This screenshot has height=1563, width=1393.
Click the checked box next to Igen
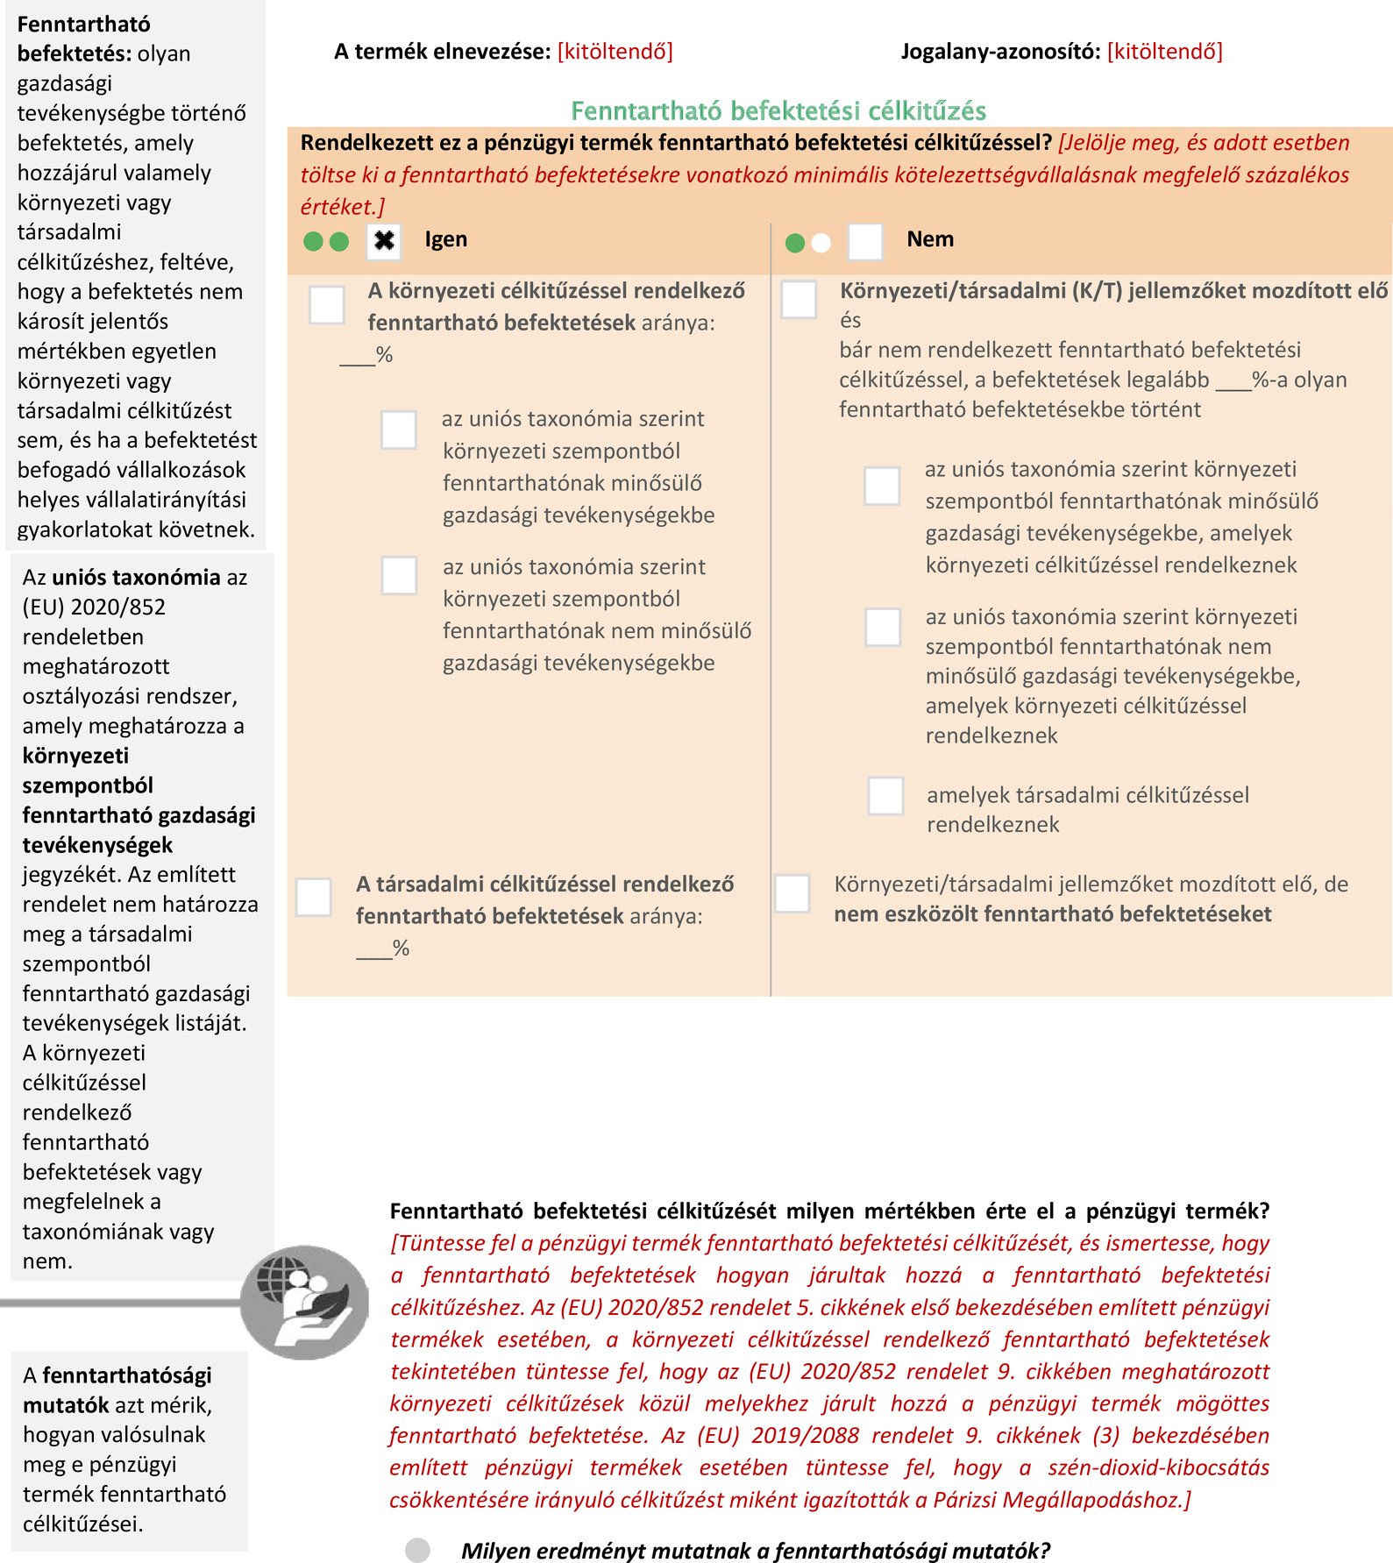(384, 241)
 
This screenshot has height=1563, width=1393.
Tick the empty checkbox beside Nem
(865, 241)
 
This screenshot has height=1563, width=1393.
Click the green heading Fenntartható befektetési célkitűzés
(778, 110)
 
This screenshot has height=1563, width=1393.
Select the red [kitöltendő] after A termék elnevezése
(615, 52)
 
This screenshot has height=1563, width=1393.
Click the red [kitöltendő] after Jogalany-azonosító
(1164, 52)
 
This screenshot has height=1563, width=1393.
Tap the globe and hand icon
(305, 1301)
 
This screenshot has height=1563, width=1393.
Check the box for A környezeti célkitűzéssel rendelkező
(327, 305)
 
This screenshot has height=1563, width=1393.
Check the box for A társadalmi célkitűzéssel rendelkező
(314, 897)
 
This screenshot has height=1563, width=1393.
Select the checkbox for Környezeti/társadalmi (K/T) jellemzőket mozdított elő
(799, 299)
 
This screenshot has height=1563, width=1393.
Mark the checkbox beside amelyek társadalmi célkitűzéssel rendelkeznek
(885, 795)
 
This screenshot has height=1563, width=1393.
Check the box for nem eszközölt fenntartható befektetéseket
(792, 893)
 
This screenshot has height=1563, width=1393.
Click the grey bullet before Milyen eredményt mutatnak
(418, 1550)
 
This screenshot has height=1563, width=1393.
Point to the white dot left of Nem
(821, 243)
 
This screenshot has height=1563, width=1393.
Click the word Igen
(445, 239)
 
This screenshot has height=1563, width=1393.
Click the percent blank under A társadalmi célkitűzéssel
(374, 949)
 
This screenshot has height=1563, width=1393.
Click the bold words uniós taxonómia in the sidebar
(136, 577)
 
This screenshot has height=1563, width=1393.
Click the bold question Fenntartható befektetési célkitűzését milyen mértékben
(828, 1211)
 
